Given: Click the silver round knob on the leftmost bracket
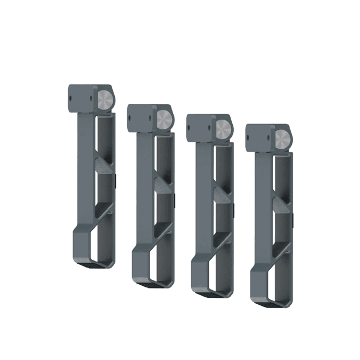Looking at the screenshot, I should (106, 100).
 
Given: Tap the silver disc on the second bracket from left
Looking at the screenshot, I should (163, 119).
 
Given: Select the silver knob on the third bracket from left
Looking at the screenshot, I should (222, 128).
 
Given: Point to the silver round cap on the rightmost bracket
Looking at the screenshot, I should (282, 139).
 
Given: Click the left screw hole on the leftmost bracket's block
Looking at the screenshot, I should (71, 98).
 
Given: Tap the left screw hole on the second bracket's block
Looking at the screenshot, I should (130, 117).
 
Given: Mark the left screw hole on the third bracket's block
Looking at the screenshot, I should (189, 128).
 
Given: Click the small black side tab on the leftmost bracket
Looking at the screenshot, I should (116, 178).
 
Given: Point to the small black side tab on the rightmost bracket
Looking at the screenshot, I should (293, 219).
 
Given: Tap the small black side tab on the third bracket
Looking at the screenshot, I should (234, 208).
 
